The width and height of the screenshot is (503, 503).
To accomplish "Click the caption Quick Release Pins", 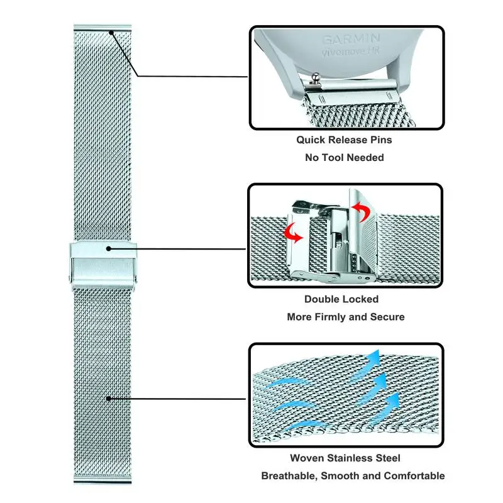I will pos(344,140).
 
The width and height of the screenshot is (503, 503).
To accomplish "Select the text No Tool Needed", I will pos(344,157).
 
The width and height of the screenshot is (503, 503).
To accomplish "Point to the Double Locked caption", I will pos(341,299).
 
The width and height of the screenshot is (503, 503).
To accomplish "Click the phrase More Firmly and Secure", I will pos(345,317).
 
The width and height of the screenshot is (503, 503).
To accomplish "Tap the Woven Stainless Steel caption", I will pos(345,458).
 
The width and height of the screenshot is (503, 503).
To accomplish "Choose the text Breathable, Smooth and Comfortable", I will pos(353,476).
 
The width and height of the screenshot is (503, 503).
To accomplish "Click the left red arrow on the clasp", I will pos(293,233).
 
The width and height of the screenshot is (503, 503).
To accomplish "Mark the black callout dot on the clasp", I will pos(108,248).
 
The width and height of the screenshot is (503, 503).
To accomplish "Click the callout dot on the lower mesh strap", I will pos(108,398).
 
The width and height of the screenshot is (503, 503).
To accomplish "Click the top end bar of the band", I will pos(102,28).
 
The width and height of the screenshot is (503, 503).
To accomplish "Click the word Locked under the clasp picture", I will pos(359,299).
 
